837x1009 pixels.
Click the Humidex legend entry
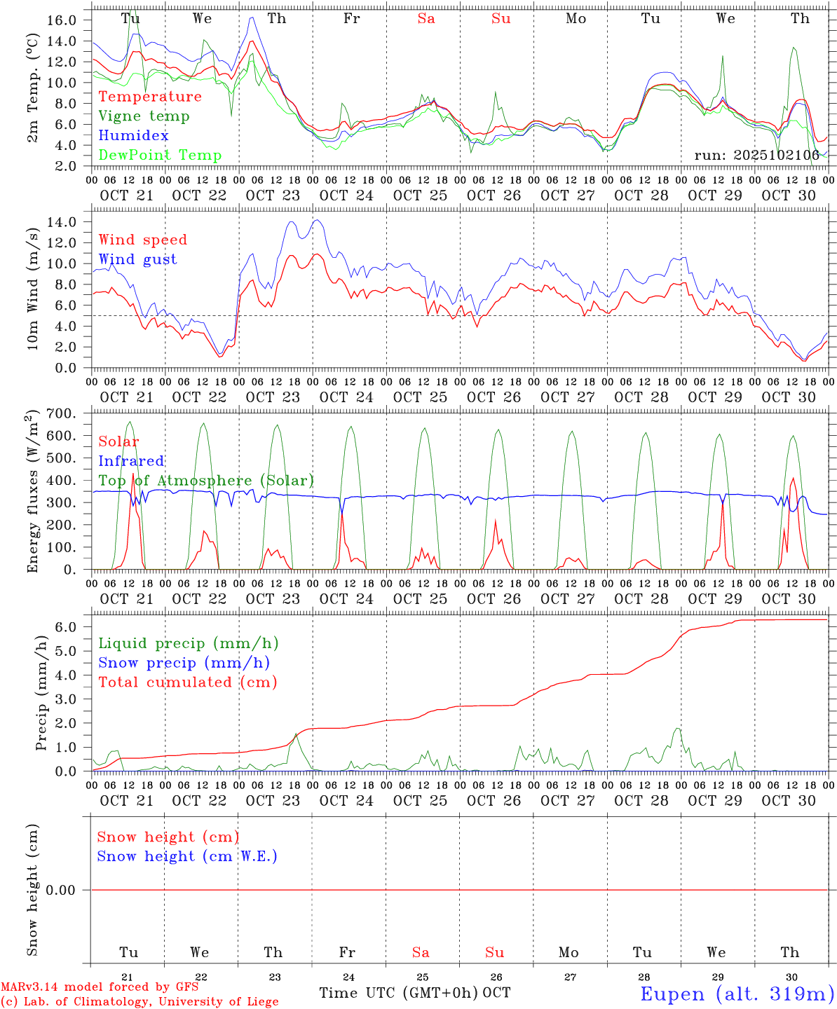[133, 136]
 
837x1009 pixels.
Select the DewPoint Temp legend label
[160, 156]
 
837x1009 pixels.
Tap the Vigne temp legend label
[144, 116]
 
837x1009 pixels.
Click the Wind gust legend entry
[137, 259]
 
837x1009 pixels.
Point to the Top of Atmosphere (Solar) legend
[206, 481]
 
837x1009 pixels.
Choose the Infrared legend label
[131, 461]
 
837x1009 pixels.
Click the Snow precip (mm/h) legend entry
[184, 663]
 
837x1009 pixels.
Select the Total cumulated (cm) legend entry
[187, 682]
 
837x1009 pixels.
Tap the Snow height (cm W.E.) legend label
[187, 856]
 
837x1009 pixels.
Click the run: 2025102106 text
[756, 156]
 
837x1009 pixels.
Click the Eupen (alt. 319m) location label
[737, 994]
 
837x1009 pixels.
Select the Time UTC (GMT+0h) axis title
[399, 993]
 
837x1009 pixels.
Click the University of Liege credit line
[140, 1002]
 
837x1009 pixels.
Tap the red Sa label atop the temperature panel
[426, 19]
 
